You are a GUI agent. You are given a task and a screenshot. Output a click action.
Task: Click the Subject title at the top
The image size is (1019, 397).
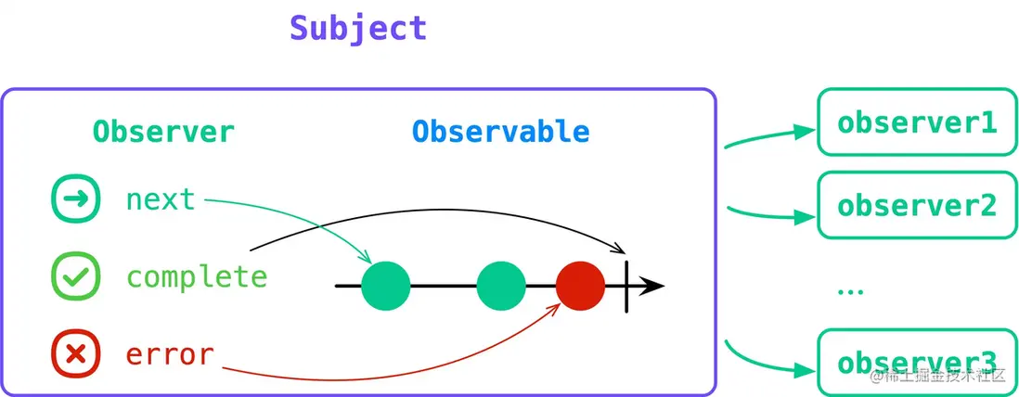tap(358, 28)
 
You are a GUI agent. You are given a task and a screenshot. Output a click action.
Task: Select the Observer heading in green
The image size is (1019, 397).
tap(163, 132)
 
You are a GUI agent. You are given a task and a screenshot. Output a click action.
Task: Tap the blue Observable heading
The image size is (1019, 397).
tap(501, 132)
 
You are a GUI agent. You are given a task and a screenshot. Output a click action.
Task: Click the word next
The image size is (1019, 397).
tap(161, 198)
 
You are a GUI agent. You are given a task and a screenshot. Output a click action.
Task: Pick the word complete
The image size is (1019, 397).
tap(197, 276)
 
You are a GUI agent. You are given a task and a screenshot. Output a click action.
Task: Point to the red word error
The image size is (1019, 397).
tap(170, 353)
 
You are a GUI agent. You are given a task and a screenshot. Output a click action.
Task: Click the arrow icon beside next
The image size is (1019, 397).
tap(75, 199)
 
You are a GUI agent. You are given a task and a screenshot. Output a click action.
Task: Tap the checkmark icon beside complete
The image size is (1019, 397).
tap(75, 276)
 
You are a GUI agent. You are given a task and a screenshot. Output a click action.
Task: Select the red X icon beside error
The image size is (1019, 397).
tap(75, 353)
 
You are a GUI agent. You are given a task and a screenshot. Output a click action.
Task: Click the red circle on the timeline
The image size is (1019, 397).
tap(581, 286)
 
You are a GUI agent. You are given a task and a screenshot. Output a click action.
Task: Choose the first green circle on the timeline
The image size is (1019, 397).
tap(386, 286)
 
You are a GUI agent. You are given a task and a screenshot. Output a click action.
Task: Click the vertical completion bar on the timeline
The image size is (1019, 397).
tap(627, 286)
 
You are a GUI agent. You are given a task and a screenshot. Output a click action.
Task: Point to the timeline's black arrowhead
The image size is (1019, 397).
tap(653, 286)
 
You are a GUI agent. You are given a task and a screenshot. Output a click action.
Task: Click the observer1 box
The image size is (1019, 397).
tap(915, 122)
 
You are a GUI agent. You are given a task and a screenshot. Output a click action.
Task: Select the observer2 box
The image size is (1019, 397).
tap(915, 205)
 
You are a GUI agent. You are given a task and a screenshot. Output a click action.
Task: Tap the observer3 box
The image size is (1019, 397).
tap(915, 360)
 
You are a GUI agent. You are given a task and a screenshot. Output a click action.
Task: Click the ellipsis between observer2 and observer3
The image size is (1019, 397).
tap(849, 291)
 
